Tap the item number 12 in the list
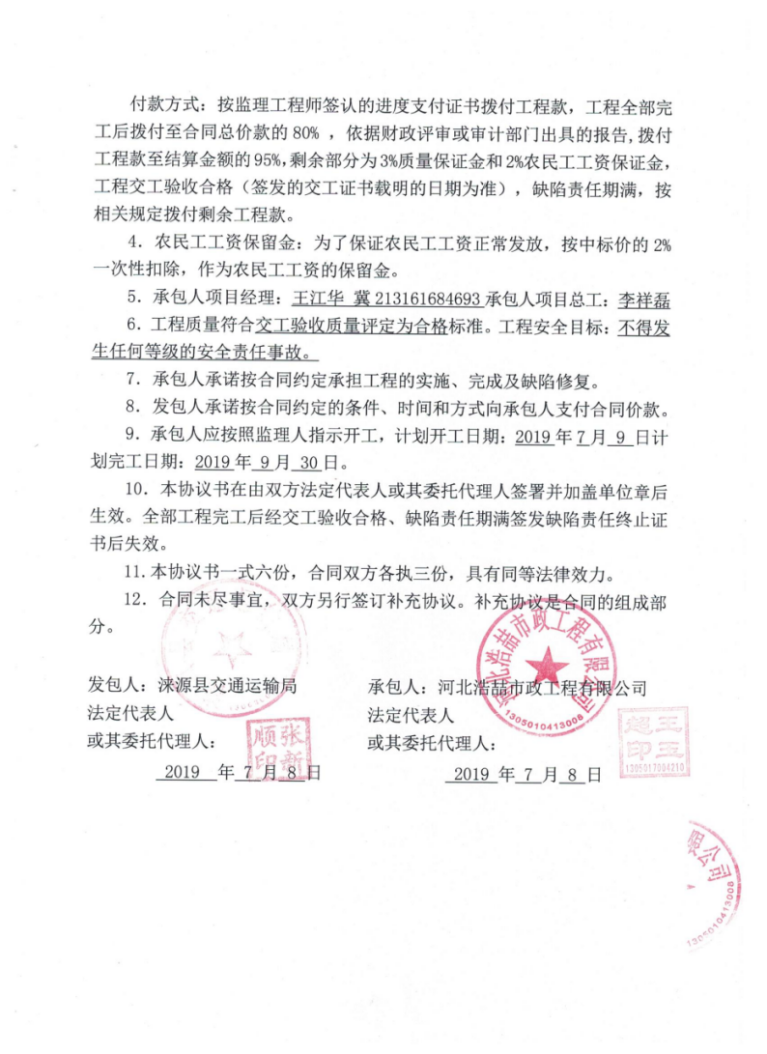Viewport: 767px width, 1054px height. click(x=143, y=599)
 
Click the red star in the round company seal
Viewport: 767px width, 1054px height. click(x=548, y=665)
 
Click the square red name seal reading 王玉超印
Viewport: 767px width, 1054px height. click(x=656, y=734)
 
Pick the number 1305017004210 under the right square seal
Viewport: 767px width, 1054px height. click(x=656, y=768)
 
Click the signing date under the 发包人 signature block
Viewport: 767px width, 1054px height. click(x=241, y=773)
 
